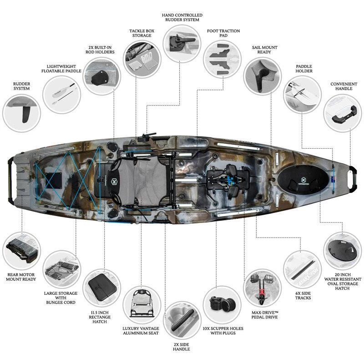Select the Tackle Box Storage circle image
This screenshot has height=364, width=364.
[141, 58]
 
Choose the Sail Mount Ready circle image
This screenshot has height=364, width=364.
[262, 75]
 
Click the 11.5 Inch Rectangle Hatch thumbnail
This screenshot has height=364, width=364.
[101, 288]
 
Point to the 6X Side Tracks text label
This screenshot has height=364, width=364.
[303, 294]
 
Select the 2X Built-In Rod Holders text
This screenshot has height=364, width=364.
[101, 50]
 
